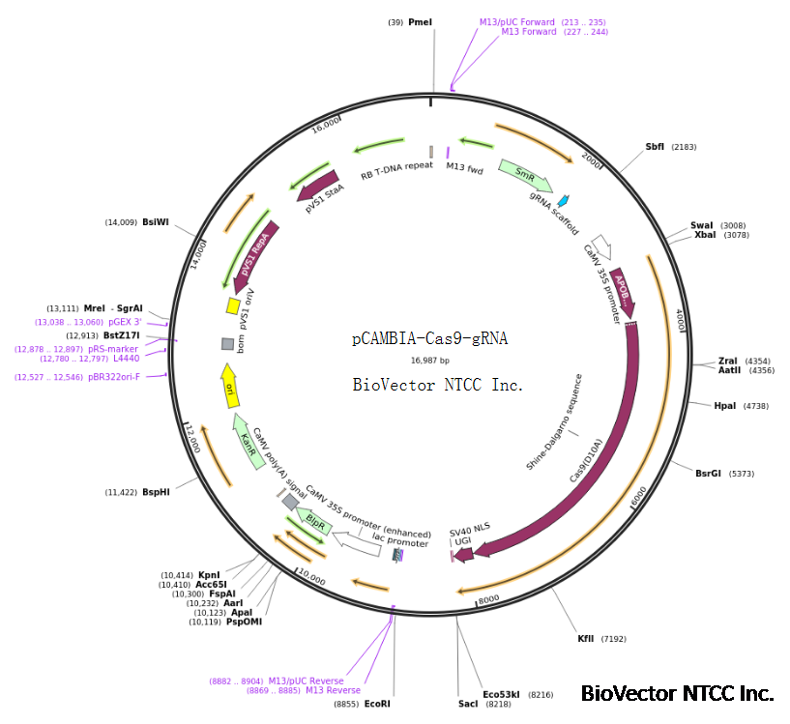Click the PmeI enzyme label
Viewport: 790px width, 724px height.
[x=421, y=21]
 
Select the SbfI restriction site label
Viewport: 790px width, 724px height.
[x=655, y=147]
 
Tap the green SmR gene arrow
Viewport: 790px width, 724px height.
[x=525, y=175]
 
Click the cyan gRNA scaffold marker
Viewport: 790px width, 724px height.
[x=563, y=200]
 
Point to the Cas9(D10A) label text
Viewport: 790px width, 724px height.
[x=586, y=463]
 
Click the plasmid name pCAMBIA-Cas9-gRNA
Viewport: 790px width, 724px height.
[x=429, y=338]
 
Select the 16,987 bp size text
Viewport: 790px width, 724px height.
[x=430, y=361]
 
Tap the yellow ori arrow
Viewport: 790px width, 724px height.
[x=229, y=385]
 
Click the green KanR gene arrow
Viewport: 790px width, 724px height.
[x=249, y=445]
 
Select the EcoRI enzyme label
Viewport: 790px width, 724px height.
[x=377, y=704]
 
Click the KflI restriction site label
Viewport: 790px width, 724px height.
[x=586, y=639]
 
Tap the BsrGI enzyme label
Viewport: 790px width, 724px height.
[x=709, y=474]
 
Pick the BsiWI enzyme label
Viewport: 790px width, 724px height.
[x=155, y=222]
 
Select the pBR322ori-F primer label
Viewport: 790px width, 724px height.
[x=114, y=377]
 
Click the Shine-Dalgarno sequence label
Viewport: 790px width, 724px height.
[x=554, y=421]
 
